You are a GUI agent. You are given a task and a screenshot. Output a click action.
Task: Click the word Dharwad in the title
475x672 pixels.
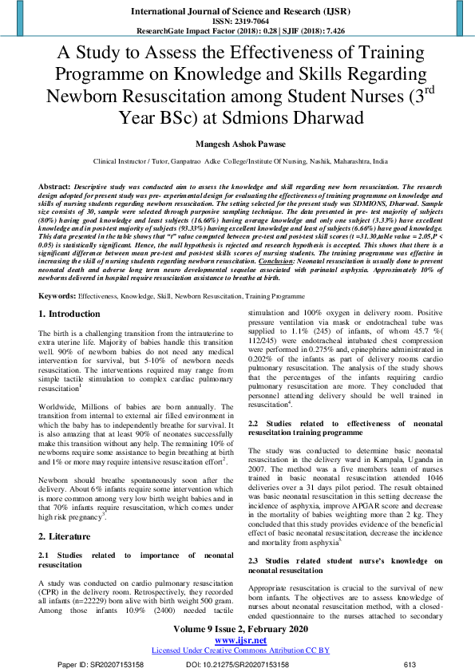324,118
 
